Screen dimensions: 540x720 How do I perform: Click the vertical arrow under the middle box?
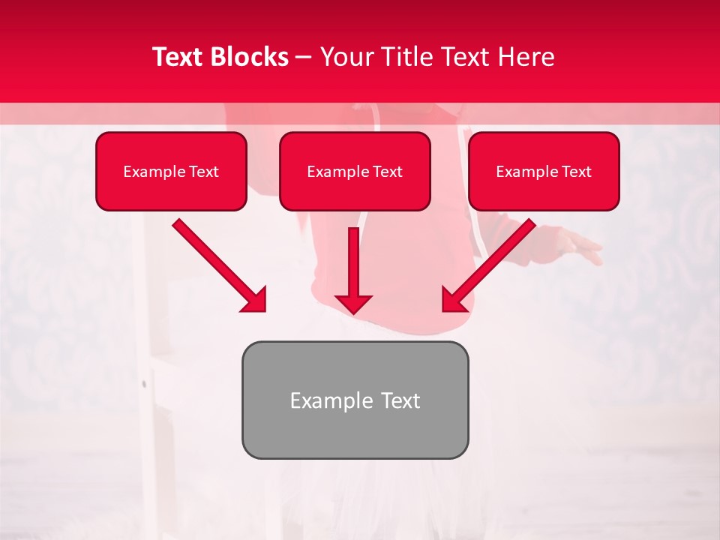click(x=353, y=262)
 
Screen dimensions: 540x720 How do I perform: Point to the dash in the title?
click(x=304, y=58)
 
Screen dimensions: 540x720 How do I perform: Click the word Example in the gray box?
click(x=327, y=400)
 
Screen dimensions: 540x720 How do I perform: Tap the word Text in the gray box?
click(x=399, y=400)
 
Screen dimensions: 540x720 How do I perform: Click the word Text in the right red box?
click(x=576, y=172)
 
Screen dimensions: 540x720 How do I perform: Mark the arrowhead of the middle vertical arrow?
click(x=353, y=303)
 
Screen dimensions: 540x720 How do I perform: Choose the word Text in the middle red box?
click(x=387, y=172)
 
